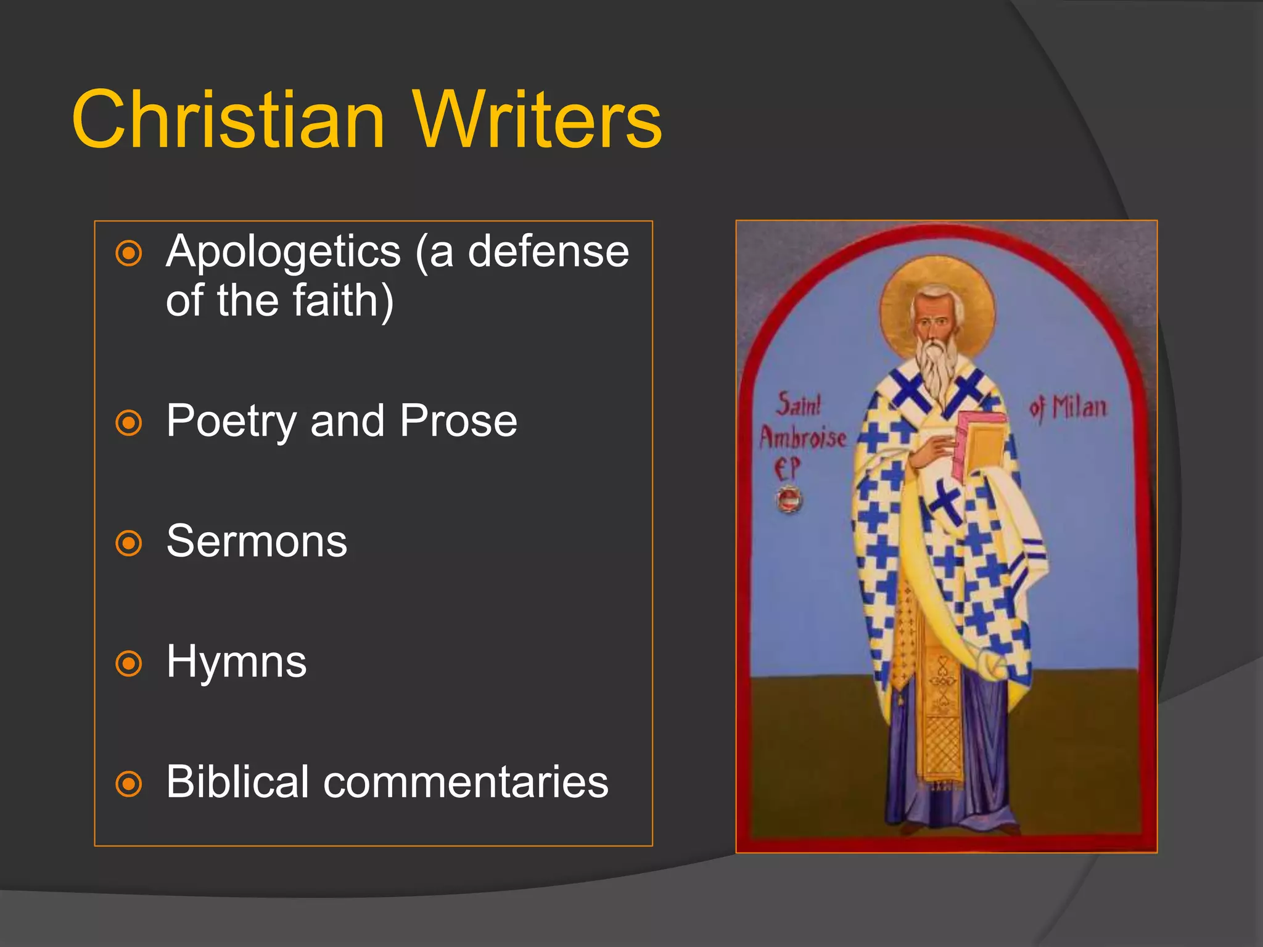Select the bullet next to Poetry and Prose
129,423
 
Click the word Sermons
257,541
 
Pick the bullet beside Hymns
129,663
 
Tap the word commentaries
466,782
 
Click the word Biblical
237,782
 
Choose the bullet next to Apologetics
129,253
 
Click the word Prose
458,421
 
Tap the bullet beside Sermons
129,543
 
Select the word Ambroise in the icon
802,438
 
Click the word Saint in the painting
799,405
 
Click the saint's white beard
936,370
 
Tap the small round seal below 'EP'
789,499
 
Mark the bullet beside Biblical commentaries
129,784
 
